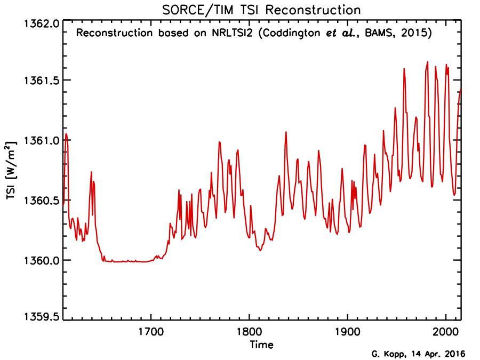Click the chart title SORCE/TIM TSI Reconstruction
pos(261,10)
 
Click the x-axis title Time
pos(261,345)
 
